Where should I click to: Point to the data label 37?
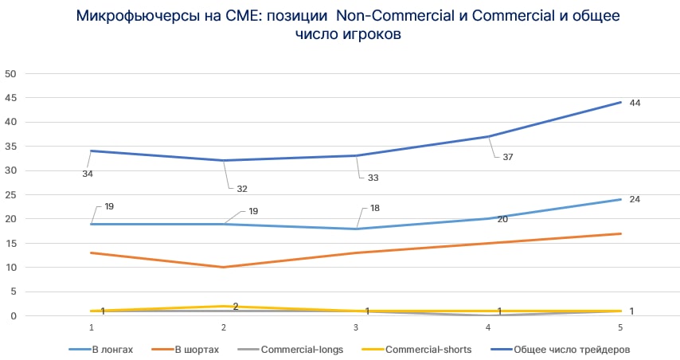[507, 157]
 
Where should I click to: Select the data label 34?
[88, 173]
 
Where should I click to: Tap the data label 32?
[242, 189]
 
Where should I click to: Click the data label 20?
[502, 218]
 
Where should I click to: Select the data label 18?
[375, 208]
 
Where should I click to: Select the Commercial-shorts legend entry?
[421, 349]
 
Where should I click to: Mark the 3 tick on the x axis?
[357, 327]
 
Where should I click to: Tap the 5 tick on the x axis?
[621, 327]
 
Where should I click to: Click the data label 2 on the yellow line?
[236, 307]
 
